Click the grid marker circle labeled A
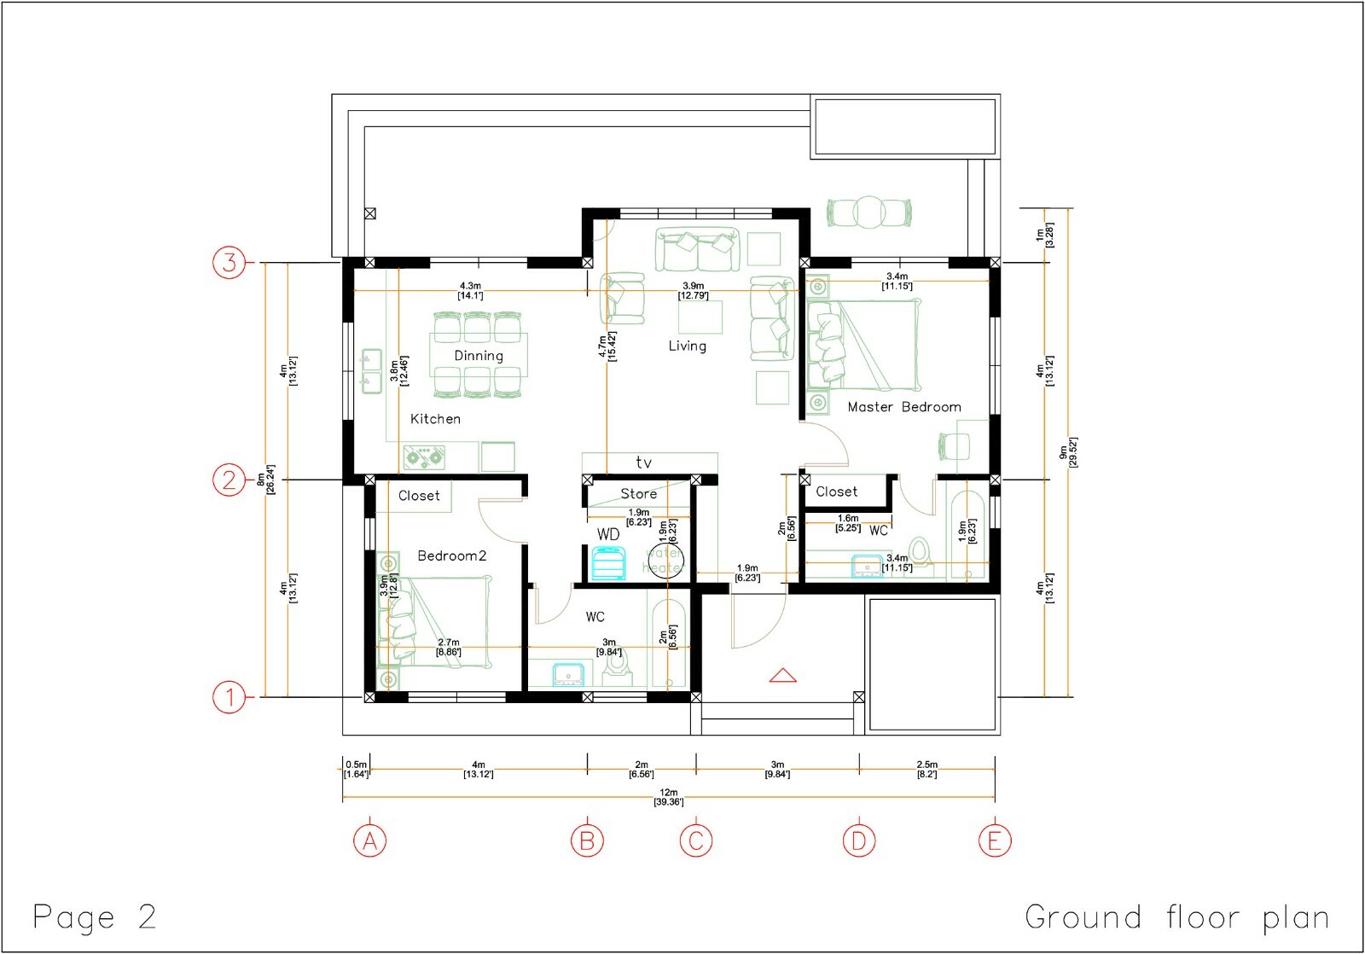pyautogui.click(x=370, y=841)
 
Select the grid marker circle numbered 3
pyautogui.click(x=229, y=262)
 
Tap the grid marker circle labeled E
pyautogui.click(x=994, y=841)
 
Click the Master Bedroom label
pyautogui.click(x=904, y=407)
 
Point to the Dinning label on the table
pyautogui.click(x=478, y=356)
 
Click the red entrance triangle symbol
pyautogui.click(x=782, y=676)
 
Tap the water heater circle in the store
pyautogui.click(x=665, y=561)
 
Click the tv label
pyautogui.click(x=644, y=462)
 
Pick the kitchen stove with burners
pyautogui.click(x=425, y=457)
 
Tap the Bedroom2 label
pyautogui.click(x=451, y=556)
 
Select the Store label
pyautogui.click(x=638, y=493)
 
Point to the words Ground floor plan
pyautogui.click(x=1176, y=917)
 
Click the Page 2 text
pyautogui.click(x=95, y=917)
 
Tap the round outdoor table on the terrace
pyautogui.click(x=868, y=212)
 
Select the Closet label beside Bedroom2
pyautogui.click(x=419, y=495)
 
